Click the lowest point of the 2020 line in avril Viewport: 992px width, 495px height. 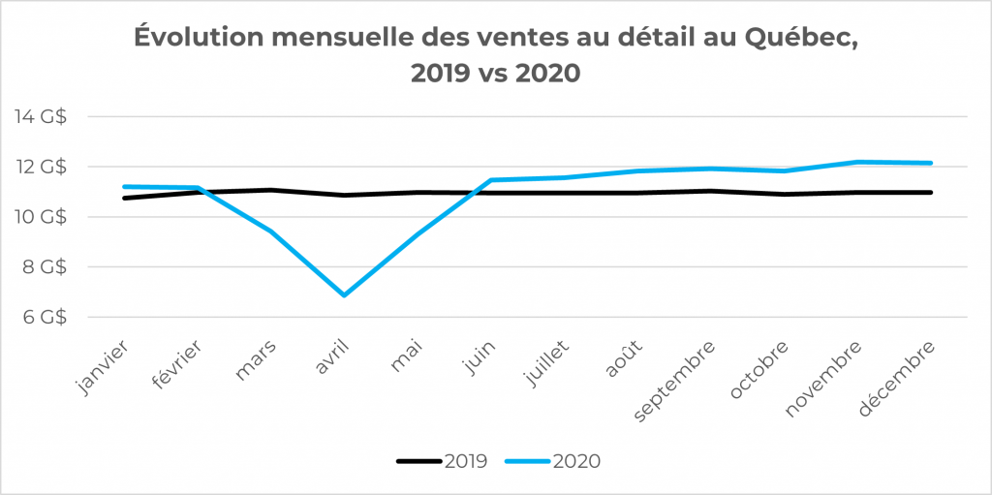[x=344, y=294]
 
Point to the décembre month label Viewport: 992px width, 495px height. [x=901, y=378]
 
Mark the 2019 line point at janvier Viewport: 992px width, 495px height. [x=124, y=198]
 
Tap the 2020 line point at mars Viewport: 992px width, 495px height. [x=270, y=231]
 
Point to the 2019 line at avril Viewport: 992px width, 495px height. [x=344, y=195]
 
